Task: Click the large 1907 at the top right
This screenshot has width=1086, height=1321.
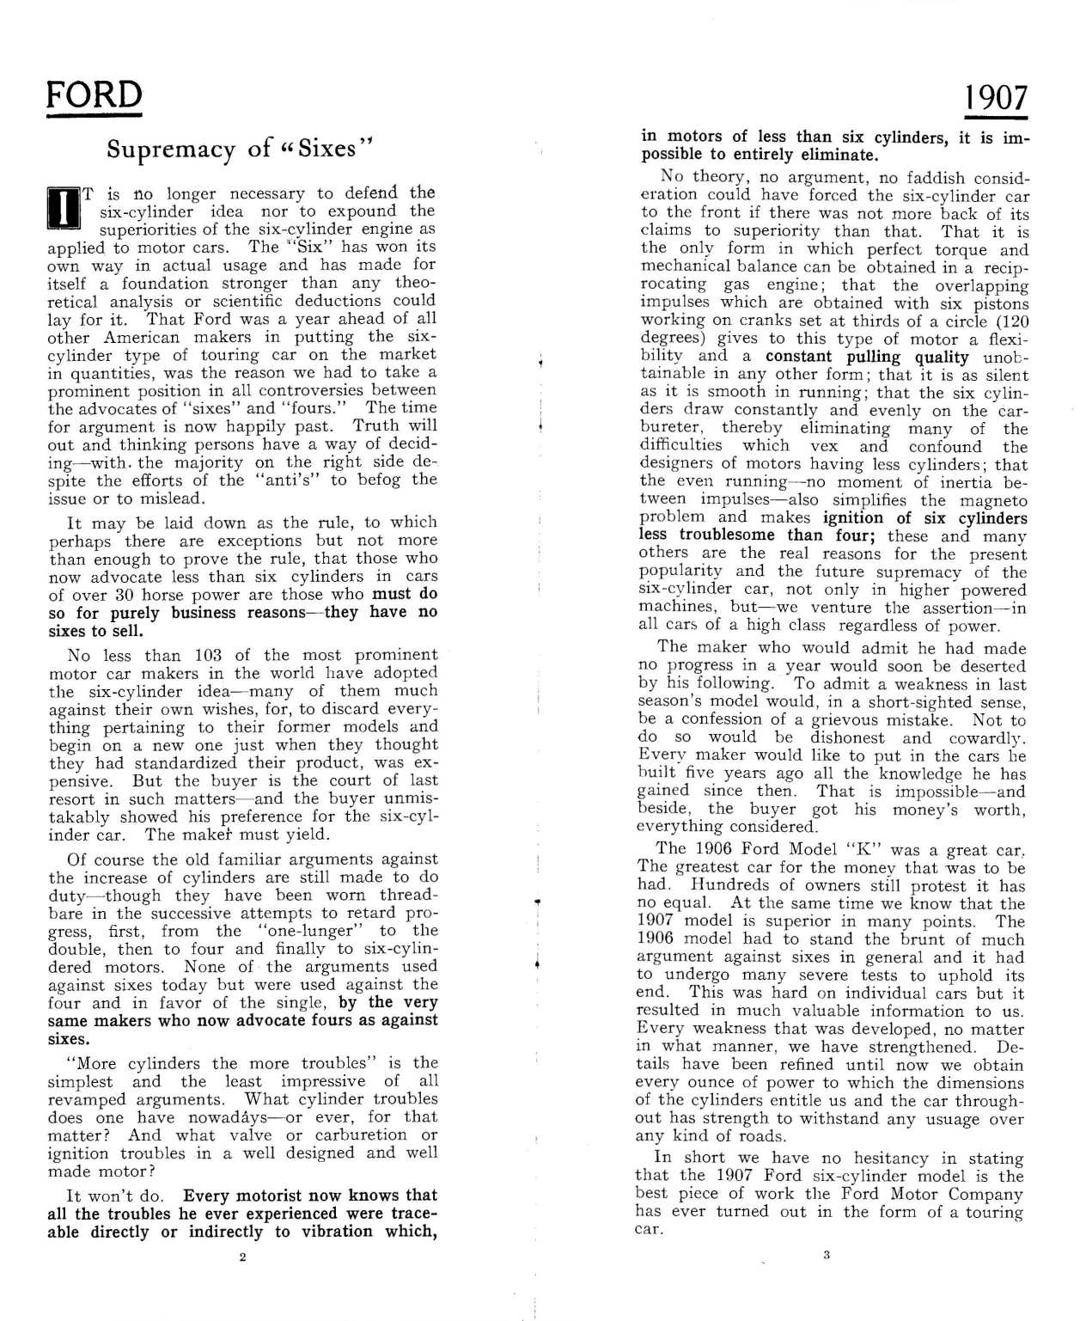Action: tap(995, 98)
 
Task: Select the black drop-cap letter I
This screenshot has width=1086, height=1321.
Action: tap(63, 210)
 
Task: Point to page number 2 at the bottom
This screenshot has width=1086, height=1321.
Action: tap(242, 1257)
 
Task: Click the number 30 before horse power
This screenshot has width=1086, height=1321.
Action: tap(125, 595)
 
